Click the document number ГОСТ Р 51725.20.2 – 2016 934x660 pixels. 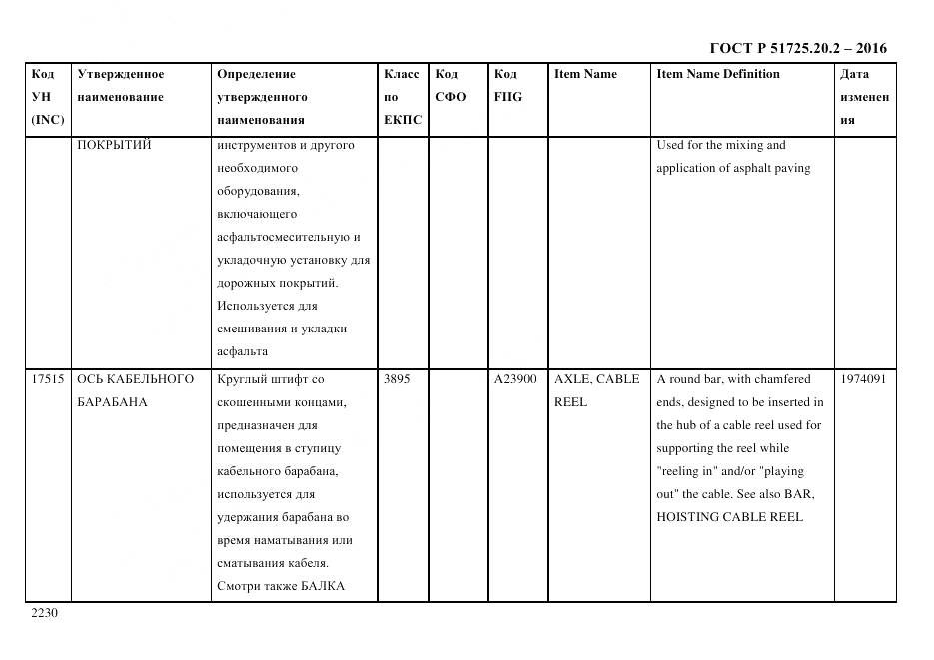[797, 48]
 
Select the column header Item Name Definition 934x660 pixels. [717, 74]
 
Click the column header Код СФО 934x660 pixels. [450, 86]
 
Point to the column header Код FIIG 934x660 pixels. [507, 86]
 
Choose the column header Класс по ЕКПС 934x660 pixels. [402, 97]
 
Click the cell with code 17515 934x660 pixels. [48, 379]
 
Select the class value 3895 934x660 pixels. [397, 379]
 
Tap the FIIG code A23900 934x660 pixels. [515, 379]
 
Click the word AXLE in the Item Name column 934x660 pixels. [572, 379]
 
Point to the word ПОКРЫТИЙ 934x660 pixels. [114, 145]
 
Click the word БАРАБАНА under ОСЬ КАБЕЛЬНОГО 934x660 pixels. [112, 402]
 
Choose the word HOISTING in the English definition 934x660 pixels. [689, 517]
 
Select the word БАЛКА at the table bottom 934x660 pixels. [321, 586]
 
